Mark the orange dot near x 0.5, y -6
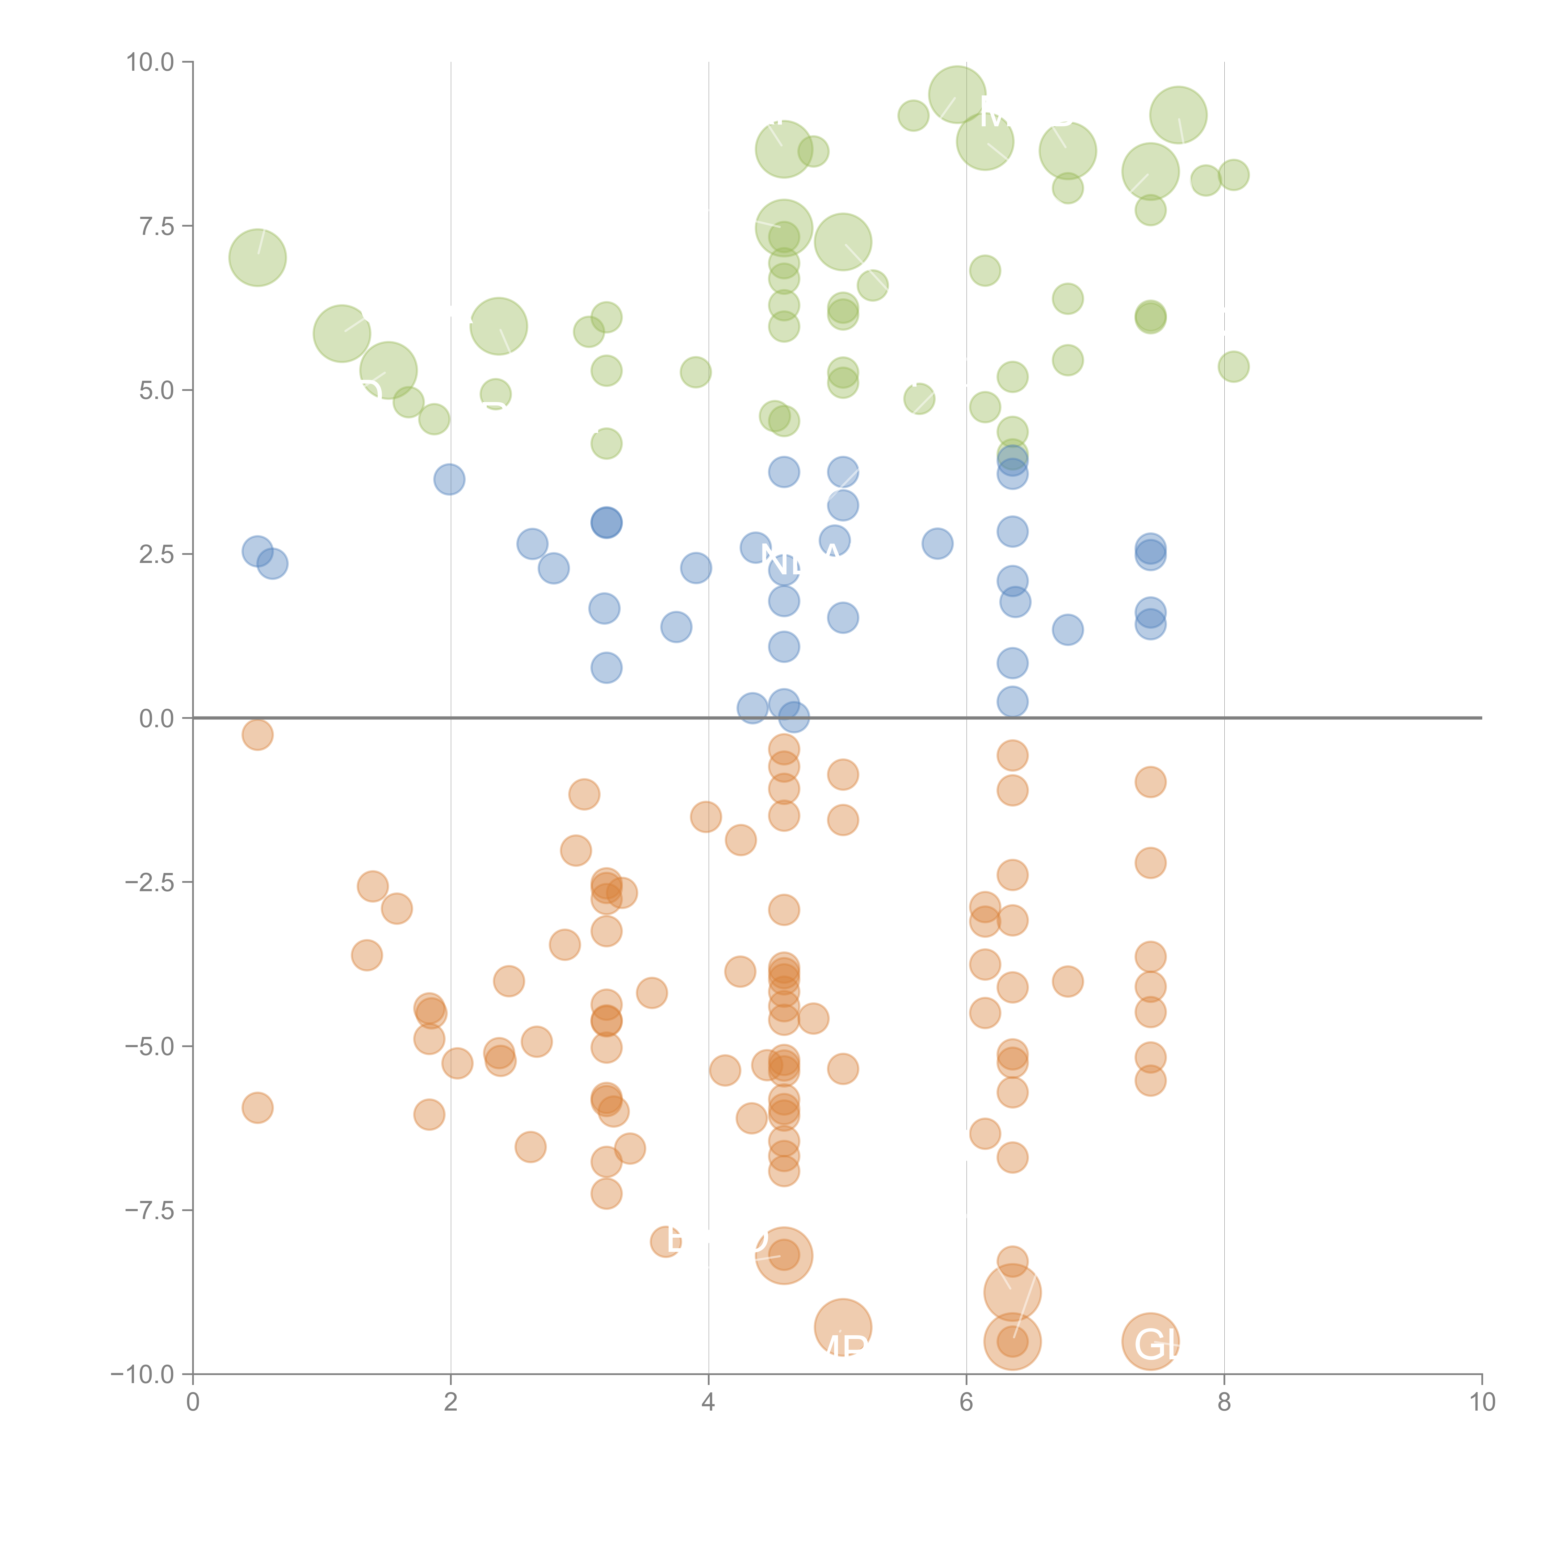tap(257, 1108)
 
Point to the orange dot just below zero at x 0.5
tap(257, 734)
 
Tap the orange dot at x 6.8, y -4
tap(1068, 981)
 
